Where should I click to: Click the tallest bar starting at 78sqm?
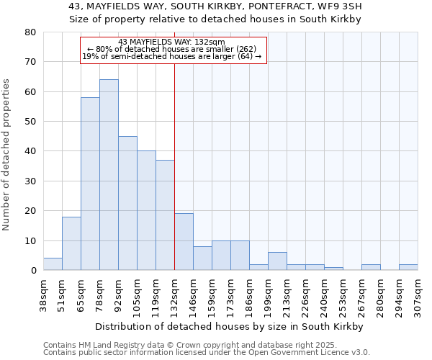[109, 175]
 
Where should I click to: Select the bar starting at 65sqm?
[90, 184]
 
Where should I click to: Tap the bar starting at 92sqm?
[127, 203]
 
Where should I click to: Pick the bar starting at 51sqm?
[71, 243]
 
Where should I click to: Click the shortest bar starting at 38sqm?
[53, 264]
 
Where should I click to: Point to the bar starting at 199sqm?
[277, 261]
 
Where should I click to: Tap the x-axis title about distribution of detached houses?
[229, 326]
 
